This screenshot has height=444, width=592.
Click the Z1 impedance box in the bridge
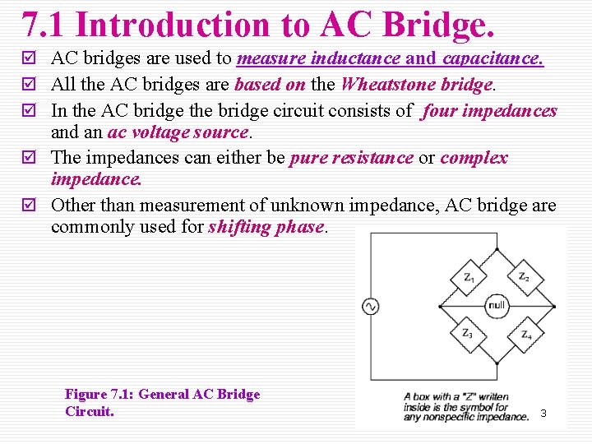(468, 278)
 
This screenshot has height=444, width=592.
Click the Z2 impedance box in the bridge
(523, 278)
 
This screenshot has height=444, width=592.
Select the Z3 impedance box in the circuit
(468, 333)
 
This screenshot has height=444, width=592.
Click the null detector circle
(496, 305)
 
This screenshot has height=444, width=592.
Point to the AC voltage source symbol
(370, 307)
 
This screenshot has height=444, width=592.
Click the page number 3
(543, 413)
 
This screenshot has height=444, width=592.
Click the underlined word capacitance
(493, 59)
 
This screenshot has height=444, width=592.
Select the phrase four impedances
(489, 110)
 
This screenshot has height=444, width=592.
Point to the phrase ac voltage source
(178, 132)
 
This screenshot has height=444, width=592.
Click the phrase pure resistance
(352, 158)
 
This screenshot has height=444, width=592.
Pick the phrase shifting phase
(266, 227)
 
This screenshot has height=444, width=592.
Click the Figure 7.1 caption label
(99, 395)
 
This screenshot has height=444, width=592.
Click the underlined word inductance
(359, 59)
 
